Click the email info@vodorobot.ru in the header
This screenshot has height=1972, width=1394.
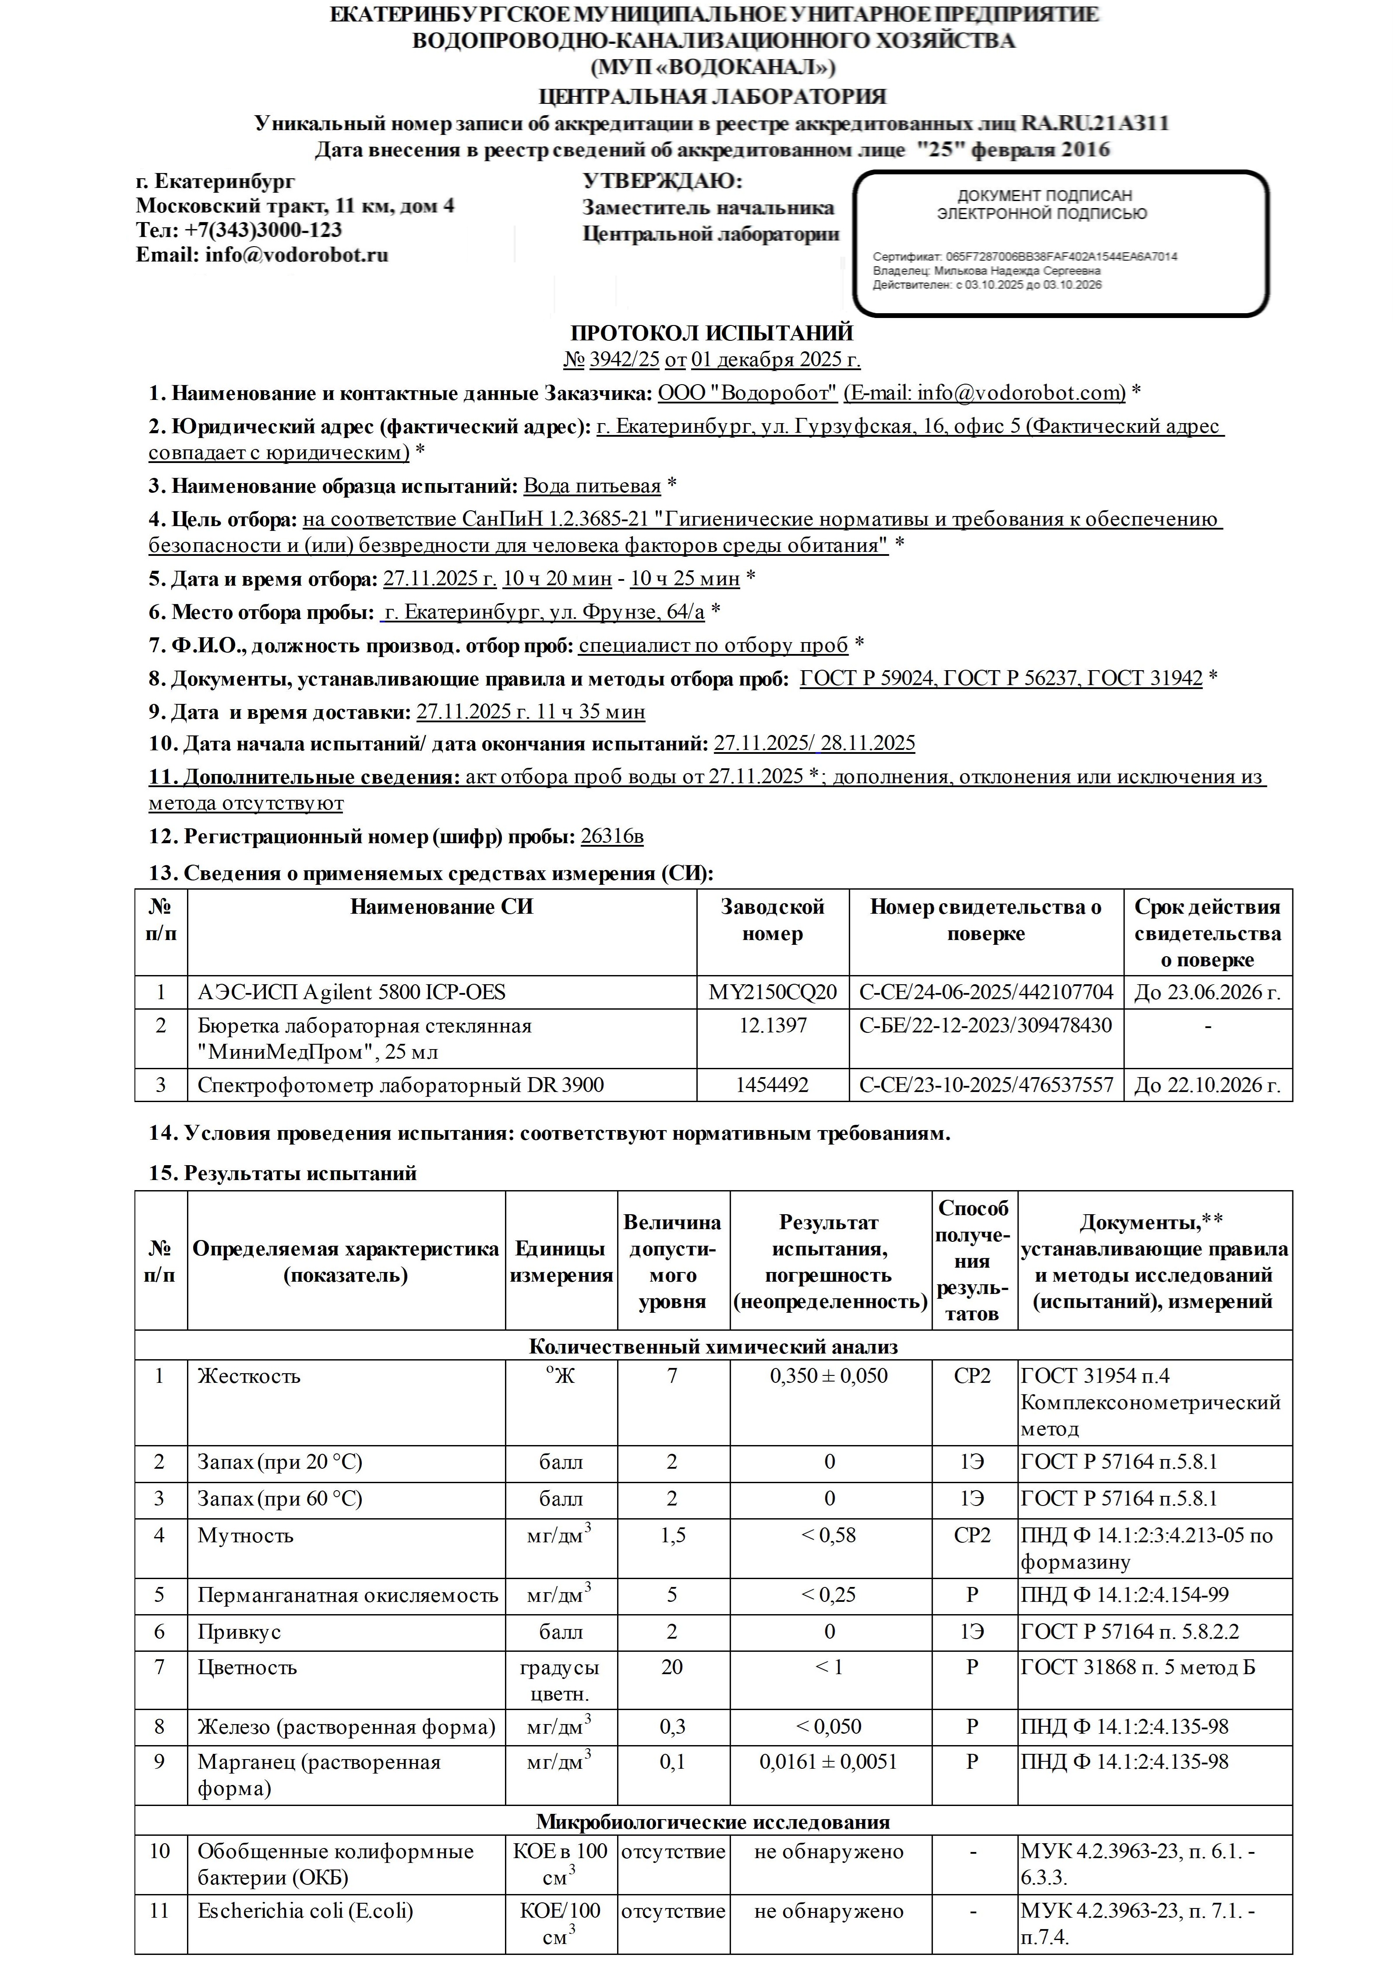coord(296,255)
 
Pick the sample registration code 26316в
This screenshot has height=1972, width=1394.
coord(611,836)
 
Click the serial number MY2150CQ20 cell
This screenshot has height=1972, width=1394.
coord(772,992)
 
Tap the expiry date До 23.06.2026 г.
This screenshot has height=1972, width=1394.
coord(1207,992)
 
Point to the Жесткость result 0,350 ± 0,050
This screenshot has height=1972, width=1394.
coord(829,1376)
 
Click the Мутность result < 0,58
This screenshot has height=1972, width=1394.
coord(829,1535)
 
